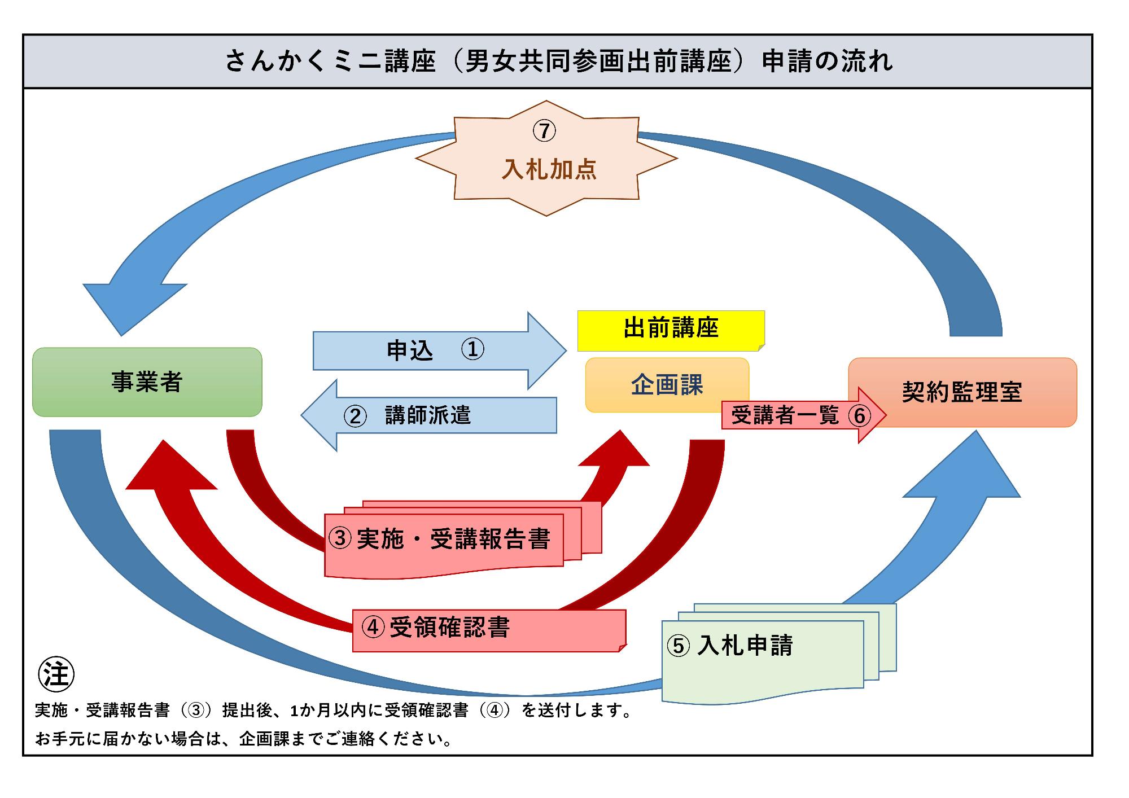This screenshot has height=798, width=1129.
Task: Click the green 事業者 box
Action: pos(147,382)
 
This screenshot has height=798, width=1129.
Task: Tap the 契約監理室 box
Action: pos(962,392)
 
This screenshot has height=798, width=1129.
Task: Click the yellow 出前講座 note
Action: pos(671,330)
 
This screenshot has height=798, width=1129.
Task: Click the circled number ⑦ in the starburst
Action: pos(544,131)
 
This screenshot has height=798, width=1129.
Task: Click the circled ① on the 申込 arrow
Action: pos(472,349)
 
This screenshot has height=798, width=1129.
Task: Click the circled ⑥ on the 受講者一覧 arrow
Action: pos(859,416)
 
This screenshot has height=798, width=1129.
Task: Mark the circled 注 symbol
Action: pos(56,674)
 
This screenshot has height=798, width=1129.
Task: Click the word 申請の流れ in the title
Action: pos(827,62)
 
